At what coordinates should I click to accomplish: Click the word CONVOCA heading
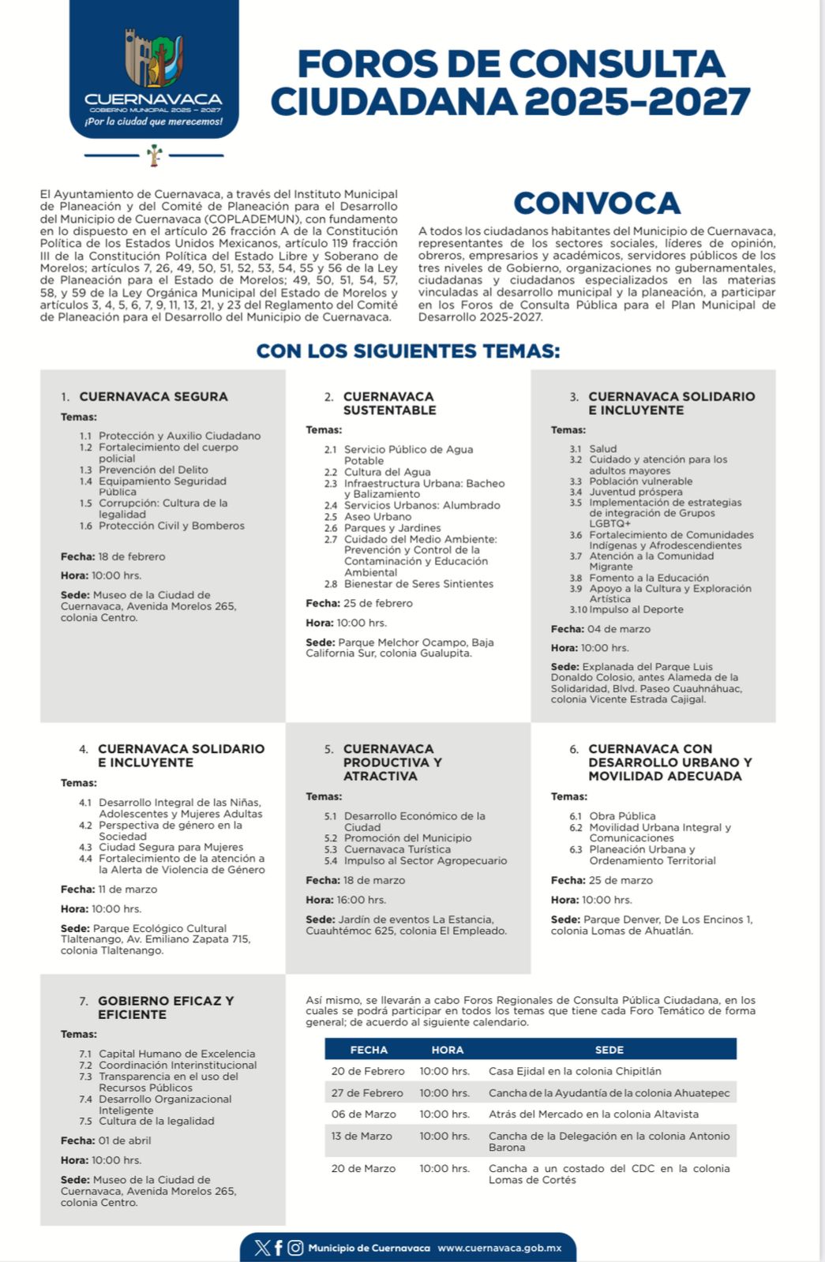pyautogui.click(x=597, y=204)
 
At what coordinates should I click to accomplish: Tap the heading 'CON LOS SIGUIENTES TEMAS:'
pyautogui.click(x=408, y=351)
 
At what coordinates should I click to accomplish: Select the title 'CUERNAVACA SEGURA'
pyautogui.click(x=153, y=396)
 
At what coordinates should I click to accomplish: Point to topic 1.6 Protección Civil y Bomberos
pyautogui.click(x=171, y=526)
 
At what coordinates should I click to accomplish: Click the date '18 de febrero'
pyautogui.click(x=131, y=556)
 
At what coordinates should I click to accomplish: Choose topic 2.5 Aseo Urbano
pyautogui.click(x=377, y=517)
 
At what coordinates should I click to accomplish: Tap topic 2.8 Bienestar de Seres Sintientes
pyautogui.click(x=418, y=584)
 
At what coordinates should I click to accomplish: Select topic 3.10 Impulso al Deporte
pyautogui.click(x=636, y=609)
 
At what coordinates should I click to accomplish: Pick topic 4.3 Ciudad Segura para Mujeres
pyautogui.click(x=171, y=847)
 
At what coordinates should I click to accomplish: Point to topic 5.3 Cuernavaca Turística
pyautogui.click(x=397, y=849)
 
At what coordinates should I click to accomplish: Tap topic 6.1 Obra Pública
pyautogui.click(x=621, y=816)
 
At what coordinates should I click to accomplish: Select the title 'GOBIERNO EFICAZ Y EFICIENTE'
pyautogui.click(x=165, y=1007)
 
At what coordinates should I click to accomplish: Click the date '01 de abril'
pyautogui.click(x=124, y=1140)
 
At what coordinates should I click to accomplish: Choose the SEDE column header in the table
pyautogui.click(x=609, y=1050)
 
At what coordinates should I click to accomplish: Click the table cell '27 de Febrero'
pyautogui.click(x=367, y=1093)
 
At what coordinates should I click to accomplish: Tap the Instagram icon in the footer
pyautogui.click(x=295, y=1248)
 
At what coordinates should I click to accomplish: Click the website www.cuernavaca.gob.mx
pyautogui.click(x=499, y=1248)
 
